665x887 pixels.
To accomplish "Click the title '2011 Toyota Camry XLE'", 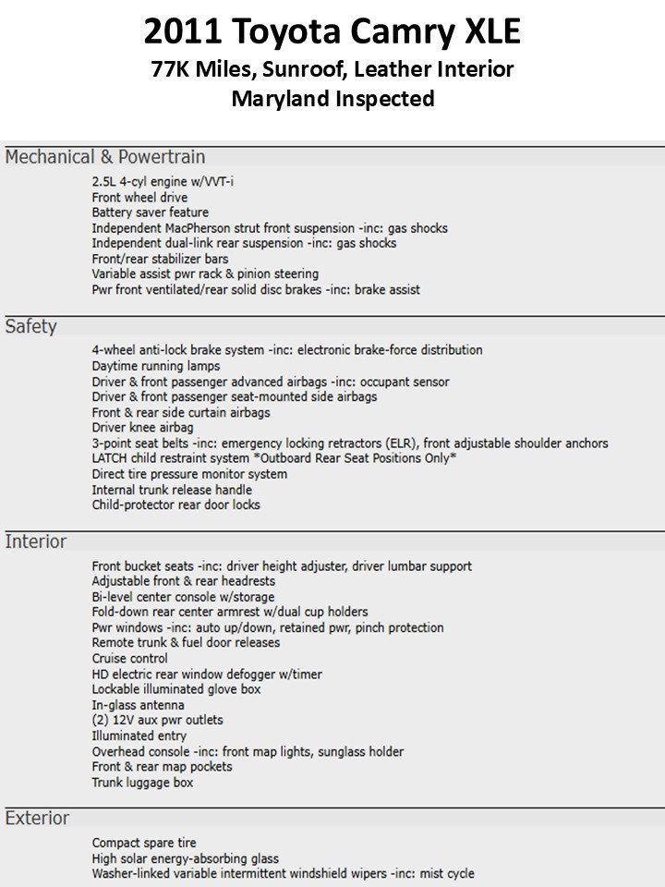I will pyautogui.click(x=332, y=33).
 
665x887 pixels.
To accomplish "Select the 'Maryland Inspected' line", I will pyautogui.click(x=332, y=99).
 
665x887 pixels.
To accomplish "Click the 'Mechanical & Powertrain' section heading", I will pyautogui.click(x=105, y=157).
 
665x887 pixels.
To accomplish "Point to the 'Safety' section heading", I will pyautogui.click(x=30, y=326).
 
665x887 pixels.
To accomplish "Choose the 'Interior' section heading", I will pyautogui.click(x=35, y=541).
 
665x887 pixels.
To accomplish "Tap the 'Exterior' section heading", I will pyautogui.click(x=37, y=818).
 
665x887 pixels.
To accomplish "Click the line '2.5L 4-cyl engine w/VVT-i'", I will pyautogui.click(x=163, y=182).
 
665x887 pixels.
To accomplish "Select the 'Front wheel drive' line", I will pyautogui.click(x=139, y=197).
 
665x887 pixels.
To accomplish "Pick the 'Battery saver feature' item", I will pyautogui.click(x=151, y=213).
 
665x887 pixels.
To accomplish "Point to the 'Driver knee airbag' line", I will pyautogui.click(x=142, y=428).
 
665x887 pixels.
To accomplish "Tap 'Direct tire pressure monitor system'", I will pyautogui.click(x=189, y=474).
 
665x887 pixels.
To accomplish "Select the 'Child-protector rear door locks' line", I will pyautogui.click(x=175, y=505).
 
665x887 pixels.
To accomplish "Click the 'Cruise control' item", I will pyautogui.click(x=129, y=659).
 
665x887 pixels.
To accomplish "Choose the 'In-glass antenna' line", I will pyautogui.click(x=135, y=705).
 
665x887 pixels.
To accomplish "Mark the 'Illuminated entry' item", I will pyautogui.click(x=139, y=736).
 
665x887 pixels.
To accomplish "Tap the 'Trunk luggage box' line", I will pyautogui.click(x=142, y=783).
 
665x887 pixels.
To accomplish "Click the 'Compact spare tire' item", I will pyautogui.click(x=144, y=843).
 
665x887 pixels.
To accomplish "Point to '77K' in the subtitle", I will pyautogui.click(x=172, y=68).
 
